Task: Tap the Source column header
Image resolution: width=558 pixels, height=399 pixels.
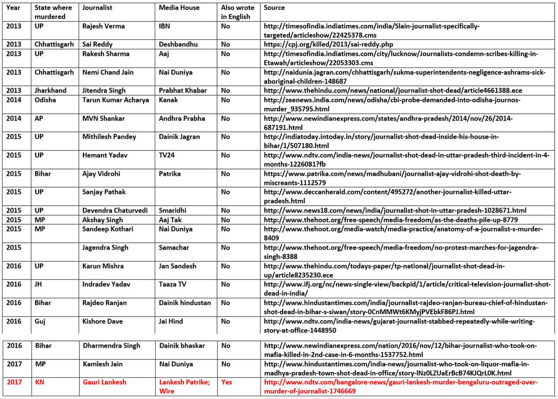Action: [x=274, y=8]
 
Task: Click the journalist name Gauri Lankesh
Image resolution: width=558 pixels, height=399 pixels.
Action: [x=104, y=382]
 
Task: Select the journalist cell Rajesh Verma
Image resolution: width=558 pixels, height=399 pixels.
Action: [x=103, y=26]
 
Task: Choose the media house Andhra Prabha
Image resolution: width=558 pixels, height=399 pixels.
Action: [x=182, y=118]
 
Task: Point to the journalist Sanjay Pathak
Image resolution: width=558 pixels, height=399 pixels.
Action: [x=103, y=192]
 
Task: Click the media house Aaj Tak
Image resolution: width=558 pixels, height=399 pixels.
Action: [x=171, y=220]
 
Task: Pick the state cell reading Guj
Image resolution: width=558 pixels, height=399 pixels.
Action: [x=40, y=321]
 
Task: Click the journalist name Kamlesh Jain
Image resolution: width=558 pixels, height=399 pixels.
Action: [x=103, y=364]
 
